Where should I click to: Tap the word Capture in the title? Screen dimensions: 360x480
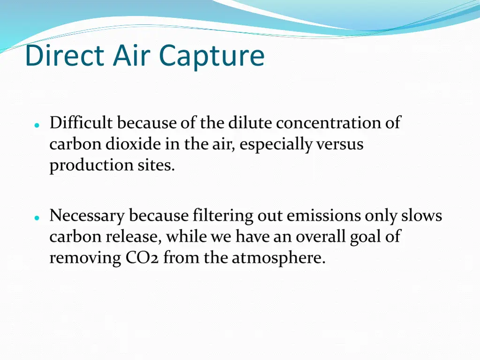point(211,56)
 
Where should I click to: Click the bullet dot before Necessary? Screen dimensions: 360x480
point(36,218)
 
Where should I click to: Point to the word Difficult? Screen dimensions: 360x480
point(81,123)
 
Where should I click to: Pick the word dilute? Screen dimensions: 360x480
point(250,123)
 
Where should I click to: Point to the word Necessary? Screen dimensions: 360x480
point(87,216)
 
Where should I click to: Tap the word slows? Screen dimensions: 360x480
point(421,216)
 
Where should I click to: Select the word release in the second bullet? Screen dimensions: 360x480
point(134,237)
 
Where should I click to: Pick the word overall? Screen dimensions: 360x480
point(320,237)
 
